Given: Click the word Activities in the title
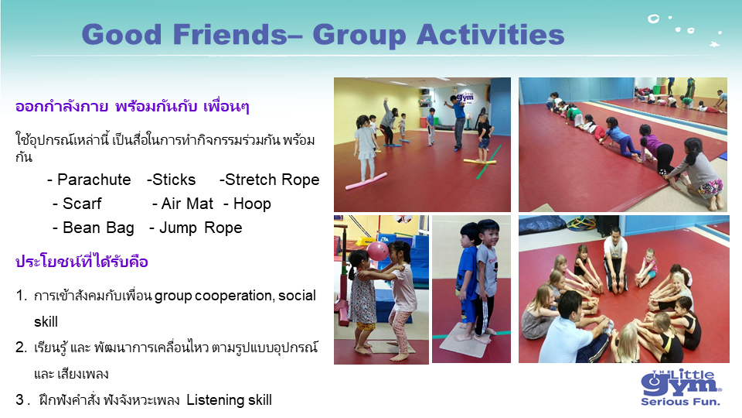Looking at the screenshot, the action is pyautogui.click(x=490, y=35).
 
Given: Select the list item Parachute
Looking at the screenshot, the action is pyautogui.click(x=94, y=180).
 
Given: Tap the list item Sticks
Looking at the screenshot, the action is pyautogui.click(x=174, y=180).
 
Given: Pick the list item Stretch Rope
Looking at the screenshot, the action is pyautogui.click(x=272, y=180).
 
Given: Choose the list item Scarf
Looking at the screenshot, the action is pyautogui.click(x=82, y=204).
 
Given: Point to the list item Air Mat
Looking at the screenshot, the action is pyautogui.click(x=187, y=204).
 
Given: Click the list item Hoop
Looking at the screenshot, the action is pyautogui.click(x=252, y=204).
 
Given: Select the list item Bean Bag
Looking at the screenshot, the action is pyautogui.click(x=98, y=228).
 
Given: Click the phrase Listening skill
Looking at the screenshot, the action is pyautogui.click(x=229, y=400).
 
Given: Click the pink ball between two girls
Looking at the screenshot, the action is pyautogui.click(x=377, y=250).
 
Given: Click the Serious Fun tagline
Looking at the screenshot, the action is pyautogui.click(x=680, y=402).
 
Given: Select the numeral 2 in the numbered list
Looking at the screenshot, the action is pyautogui.click(x=20, y=348).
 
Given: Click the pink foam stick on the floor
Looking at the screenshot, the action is pyautogui.click(x=366, y=181).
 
